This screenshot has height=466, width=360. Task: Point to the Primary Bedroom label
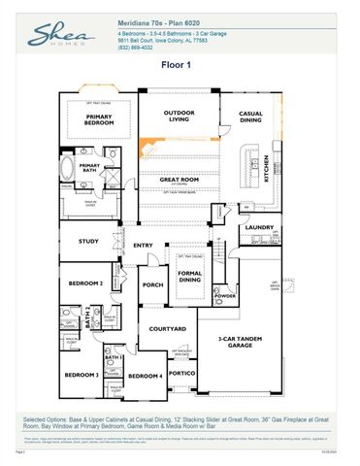click(97, 121)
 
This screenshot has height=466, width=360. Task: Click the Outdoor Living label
click(178, 117)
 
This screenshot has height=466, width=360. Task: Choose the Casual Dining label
click(251, 118)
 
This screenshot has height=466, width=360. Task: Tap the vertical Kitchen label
click(267, 169)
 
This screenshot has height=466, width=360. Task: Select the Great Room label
click(180, 180)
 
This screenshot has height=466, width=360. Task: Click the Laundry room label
click(258, 227)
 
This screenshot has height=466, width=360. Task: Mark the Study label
click(89, 242)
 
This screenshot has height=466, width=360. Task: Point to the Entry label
click(143, 245)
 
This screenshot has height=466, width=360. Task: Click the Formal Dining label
click(189, 278)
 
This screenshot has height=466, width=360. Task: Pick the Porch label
click(152, 284)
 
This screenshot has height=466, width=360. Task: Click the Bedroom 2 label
click(86, 283)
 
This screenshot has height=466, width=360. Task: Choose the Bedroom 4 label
click(144, 376)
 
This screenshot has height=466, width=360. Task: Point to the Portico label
click(181, 372)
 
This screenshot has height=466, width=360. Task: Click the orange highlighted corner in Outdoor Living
click(148, 147)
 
